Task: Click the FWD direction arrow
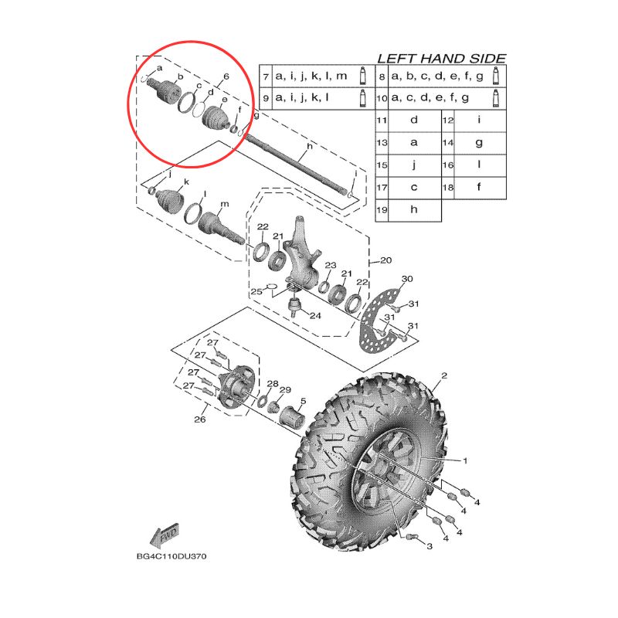pyautogui.click(x=165, y=536)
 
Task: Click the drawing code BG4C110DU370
pyautogui.click(x=171, y=556)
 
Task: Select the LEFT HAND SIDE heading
pyautogui.click(x=441, y=59)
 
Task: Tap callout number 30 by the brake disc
pyautogui.click(x=407, y=279)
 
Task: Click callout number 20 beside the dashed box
pyautogui.click(x=385, y=260)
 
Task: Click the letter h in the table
pyautogui.click(x=414, y=209)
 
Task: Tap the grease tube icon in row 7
pyautogui.click(x=362, y=76)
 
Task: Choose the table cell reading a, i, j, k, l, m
pyautogui.click(x=311, y=76)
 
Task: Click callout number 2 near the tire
pyautogui.click(x=444, y=375)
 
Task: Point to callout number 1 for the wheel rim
pyautogui.click(x=465, y=460)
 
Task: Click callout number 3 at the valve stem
pyautogui.click(x=430, y=546)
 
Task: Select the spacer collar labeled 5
pyautogui.click(x=292, y=416)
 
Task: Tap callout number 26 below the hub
pyautogui.click(x=200, y=419)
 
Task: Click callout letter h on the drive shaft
pyautogui.click(x=310, y=147)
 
